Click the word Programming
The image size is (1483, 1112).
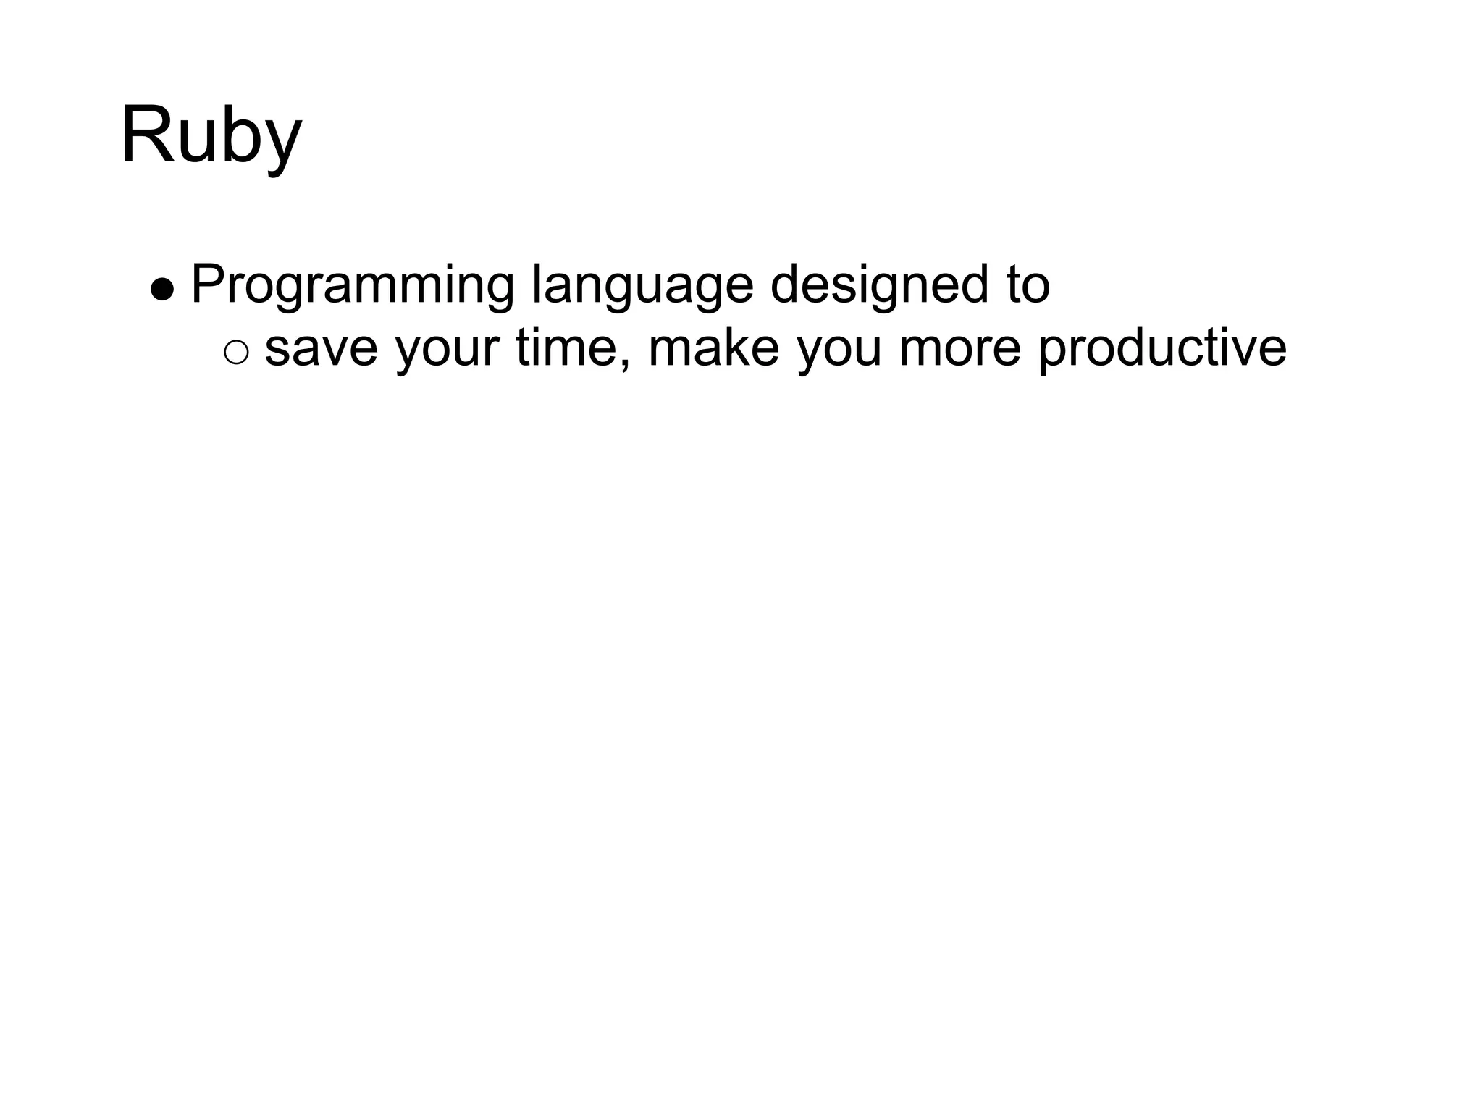(x=353, y=285)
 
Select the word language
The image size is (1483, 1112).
(x=642, y=285)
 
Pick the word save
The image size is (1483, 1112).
(x=321, y=348)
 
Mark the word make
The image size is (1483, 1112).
(x=713, y=347)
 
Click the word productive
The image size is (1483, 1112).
(x=1162, y=348)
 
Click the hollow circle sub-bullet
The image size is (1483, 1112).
(x=236, y=353)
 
